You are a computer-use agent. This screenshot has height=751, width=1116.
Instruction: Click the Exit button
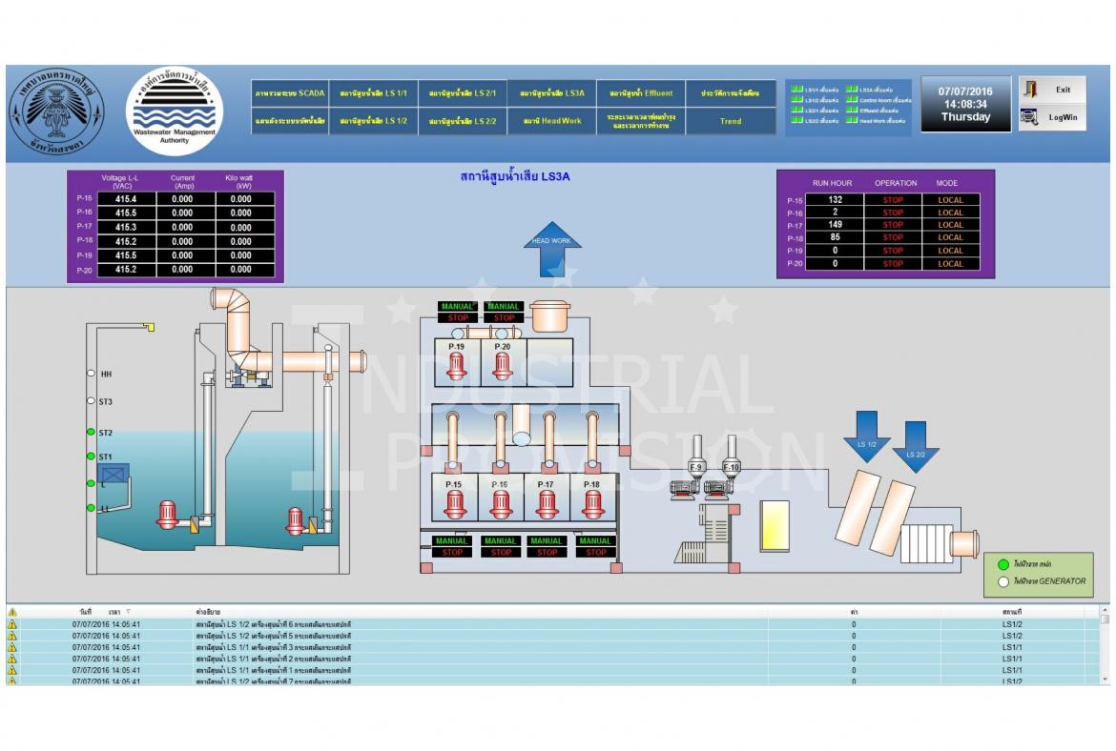click(x=1051, y=90)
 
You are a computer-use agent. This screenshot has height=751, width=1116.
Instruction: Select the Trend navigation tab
click(x=731, y=121)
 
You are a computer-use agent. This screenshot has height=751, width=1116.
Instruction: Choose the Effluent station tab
click(x=641, y=93)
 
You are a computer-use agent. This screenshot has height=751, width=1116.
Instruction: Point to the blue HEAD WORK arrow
click(x=551, y=249)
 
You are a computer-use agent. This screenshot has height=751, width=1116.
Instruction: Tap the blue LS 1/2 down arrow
click(x=866, y=436)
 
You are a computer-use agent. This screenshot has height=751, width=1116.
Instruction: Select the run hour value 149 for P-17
click(x=835, y=226)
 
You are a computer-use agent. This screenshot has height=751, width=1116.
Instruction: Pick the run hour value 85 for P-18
click(x=835, y=238)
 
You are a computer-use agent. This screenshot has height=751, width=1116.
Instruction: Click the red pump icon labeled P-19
click(x=456, y=367)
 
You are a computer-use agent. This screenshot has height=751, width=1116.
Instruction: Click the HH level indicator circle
click(x=91, y=375)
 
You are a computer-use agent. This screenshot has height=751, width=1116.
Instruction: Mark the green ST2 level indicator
click(x=91, y=433)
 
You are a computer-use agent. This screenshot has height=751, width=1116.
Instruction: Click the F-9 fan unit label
click(x=696, y=467)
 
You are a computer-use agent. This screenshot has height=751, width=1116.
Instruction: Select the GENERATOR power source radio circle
click(x=1002, y=581)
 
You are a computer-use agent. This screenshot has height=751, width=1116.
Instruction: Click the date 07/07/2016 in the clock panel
click(x=965, y=91)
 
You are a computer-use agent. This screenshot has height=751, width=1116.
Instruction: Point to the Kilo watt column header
click(x=238, y=181)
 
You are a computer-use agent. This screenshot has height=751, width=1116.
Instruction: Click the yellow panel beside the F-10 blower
click(x=774, y=525)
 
